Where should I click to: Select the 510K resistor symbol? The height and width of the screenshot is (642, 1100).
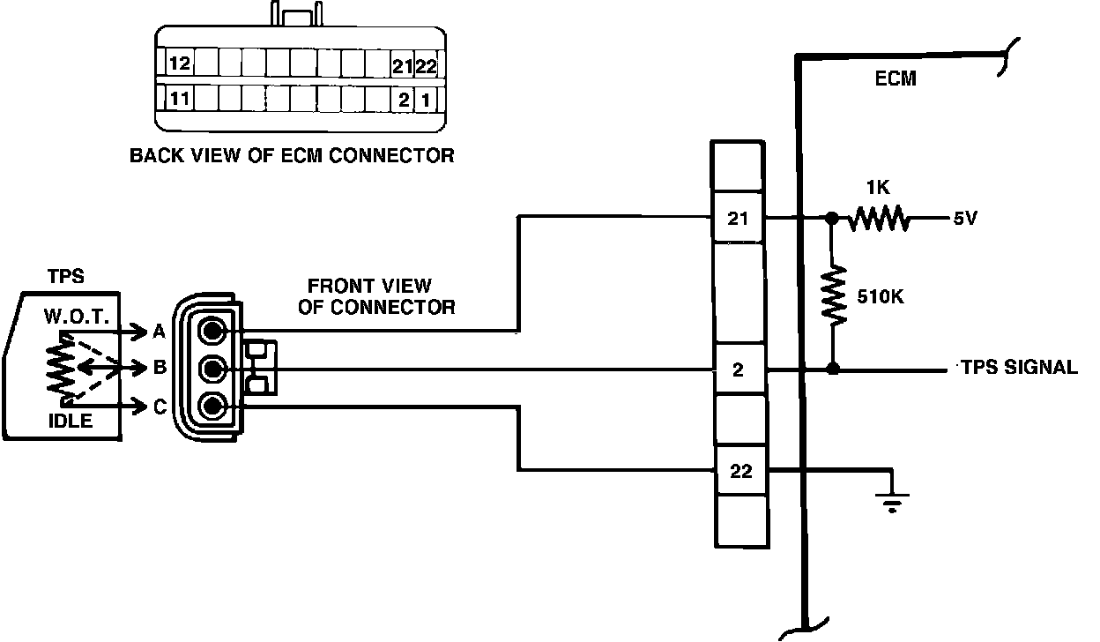tap(832, 296)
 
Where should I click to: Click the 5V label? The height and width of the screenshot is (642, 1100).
tap(964, 218)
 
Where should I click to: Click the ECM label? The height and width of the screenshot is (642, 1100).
tap(896, 78)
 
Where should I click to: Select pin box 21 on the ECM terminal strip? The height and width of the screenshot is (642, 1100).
tap(739, 217)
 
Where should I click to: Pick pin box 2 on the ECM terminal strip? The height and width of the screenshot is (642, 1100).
tap(739, 370)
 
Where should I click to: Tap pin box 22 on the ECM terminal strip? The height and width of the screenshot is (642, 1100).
tap(740, 471)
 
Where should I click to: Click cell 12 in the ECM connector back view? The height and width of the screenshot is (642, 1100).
tap(179, 63)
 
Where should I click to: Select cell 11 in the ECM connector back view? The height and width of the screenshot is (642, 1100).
tap(179, 98)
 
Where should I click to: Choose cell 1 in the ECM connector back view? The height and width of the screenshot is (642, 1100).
tap(426, 99)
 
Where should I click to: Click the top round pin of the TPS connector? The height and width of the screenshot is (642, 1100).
tap(212, 331)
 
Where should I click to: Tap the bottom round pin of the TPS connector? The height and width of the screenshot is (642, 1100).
tap(212, 407)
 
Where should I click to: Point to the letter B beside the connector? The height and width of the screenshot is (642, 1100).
tap(160, 367)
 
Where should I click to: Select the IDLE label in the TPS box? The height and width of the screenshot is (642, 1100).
tap(70, 421)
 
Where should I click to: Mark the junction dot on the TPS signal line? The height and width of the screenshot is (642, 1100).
tap(832, 370)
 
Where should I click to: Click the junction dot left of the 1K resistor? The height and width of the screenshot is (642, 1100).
tap(831, 217)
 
